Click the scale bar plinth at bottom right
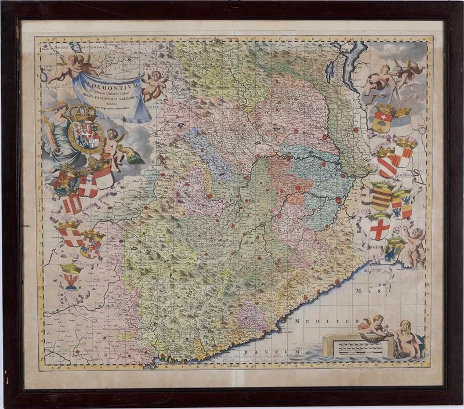click(357, 348)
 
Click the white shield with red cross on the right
click(380, 226)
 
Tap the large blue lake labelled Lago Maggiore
click(352, 64)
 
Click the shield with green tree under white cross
click(382, 120)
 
